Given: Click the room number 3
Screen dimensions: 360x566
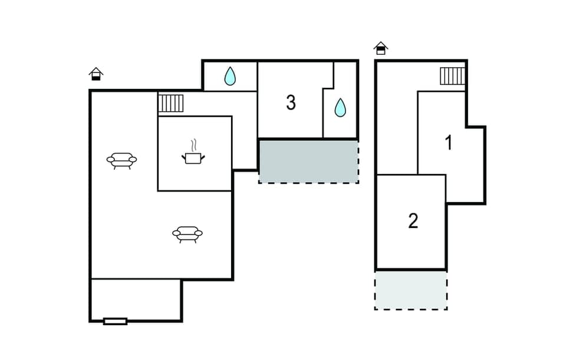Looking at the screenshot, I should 291,103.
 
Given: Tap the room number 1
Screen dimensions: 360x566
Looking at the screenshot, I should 449,143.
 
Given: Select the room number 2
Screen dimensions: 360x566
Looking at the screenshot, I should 413,221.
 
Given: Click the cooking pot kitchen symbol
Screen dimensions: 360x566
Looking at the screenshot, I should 193,157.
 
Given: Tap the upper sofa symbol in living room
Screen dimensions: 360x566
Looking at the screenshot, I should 121,160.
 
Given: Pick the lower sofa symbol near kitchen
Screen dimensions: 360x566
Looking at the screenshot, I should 187,234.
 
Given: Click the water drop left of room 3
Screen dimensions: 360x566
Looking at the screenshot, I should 230,75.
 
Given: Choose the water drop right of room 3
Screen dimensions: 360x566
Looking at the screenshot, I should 340,107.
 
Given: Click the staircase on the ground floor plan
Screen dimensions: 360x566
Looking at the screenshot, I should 172,103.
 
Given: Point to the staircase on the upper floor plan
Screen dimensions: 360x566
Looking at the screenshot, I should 452,76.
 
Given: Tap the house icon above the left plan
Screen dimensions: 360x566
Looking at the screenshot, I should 96,74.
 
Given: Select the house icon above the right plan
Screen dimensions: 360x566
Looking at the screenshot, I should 381,48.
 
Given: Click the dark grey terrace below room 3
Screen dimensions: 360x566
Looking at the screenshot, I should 308,161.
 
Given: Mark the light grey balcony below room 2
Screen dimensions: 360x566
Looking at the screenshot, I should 411,289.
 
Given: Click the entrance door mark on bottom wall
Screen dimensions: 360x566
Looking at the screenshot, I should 115,321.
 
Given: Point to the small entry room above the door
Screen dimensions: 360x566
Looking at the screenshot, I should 136,299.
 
